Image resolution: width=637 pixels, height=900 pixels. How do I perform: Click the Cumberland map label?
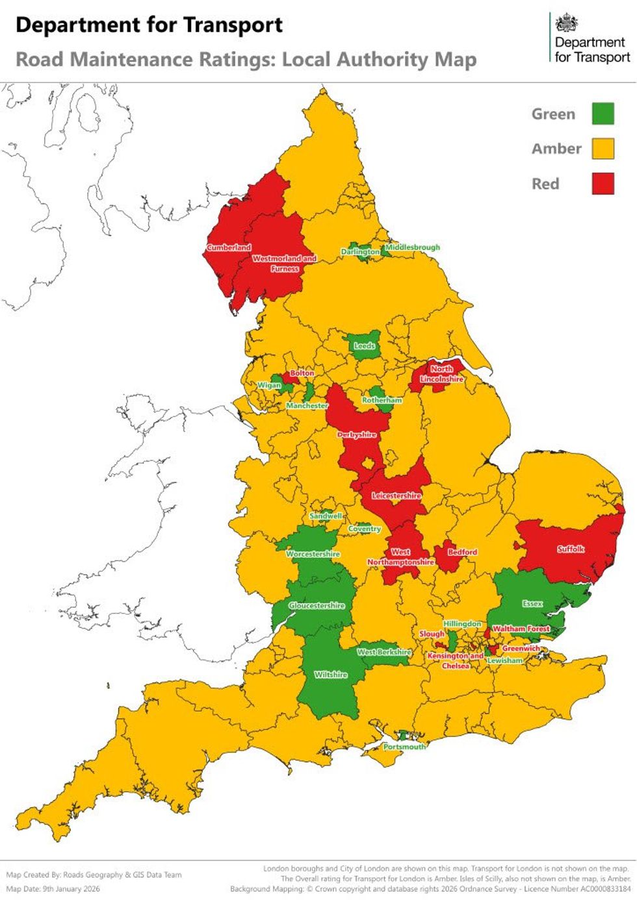coord(229,247)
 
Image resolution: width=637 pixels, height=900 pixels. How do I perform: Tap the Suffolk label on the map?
coord(571,549)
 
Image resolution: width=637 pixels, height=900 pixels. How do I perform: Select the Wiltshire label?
coord(331,675)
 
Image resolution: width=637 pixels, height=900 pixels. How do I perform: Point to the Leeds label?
coord(364,346)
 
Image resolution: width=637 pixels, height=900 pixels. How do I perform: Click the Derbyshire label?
coord(357,434)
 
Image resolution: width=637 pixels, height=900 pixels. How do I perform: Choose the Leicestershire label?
coord(396,495)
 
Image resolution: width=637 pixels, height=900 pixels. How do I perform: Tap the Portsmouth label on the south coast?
coord(404,747)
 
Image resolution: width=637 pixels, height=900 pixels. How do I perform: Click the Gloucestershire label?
coord(317,605)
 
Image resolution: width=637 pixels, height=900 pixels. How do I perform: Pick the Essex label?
coord(532,603)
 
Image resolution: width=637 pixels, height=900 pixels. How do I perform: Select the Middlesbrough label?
coord(413,247)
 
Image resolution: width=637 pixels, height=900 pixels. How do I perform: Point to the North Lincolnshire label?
coord(442,373)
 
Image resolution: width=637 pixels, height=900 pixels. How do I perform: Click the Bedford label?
coord(462,552)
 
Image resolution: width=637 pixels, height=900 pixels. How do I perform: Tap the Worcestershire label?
coord(313,554)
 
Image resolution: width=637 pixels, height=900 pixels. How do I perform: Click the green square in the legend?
coord(603,114)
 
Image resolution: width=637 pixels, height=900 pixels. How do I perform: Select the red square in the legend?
coord(603,184)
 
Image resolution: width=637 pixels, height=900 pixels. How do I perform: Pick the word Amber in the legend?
coord(556,149)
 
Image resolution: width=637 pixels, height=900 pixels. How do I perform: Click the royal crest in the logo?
coord(567,24)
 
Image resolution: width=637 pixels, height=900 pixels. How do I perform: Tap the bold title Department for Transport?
coord(149,25)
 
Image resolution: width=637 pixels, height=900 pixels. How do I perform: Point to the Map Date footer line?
coord(53,889)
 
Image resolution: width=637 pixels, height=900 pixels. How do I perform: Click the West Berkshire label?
coord(384,651)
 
